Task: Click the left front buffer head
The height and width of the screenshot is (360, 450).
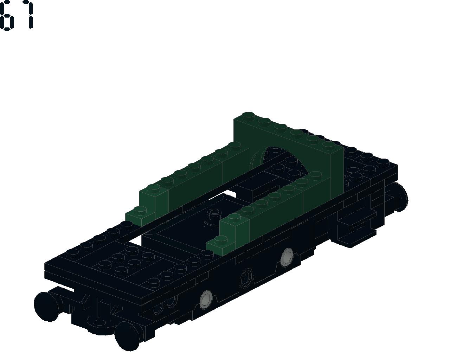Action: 46,306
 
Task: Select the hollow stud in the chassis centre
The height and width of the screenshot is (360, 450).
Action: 214,213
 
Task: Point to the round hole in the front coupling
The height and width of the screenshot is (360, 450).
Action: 100,322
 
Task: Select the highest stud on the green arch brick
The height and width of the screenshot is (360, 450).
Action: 248,115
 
